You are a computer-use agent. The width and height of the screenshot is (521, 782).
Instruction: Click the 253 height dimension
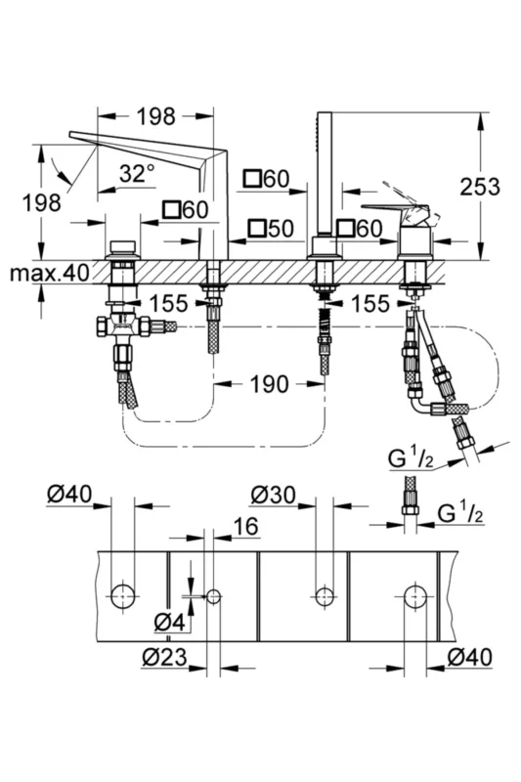tap(479, 187)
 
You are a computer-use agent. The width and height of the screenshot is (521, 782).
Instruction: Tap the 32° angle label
tap(137, 174)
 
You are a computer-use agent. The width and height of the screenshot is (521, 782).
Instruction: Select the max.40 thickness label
tap(50, 273)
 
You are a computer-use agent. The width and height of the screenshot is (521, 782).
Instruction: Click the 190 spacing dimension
tap(269, 384)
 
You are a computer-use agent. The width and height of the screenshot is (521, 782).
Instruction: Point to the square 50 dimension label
tap(271, 229)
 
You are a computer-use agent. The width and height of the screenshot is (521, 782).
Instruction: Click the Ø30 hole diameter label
tap(274, 496)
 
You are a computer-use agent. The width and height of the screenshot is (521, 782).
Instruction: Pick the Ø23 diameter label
tap(164, 658)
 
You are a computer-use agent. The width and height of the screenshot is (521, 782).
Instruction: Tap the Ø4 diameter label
tap(169, 622)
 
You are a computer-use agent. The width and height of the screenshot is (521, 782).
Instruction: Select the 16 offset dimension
tap(245, 526)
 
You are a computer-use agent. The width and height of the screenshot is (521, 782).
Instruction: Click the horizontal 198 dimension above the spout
tap(156, 116)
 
